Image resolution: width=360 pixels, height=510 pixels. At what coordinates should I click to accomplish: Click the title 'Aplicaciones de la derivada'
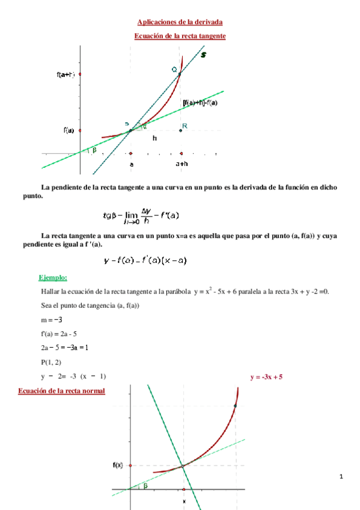[180, 22]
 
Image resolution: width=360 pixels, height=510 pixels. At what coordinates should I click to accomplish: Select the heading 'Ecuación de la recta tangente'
[180, 36]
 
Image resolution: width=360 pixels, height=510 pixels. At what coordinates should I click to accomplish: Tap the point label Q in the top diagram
[174, 70]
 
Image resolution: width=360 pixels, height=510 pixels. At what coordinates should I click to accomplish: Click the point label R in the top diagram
[185, 126]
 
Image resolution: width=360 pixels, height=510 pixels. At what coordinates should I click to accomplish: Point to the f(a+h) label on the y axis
[66, 75]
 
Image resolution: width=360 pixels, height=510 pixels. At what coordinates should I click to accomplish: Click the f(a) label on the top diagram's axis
[69, 131]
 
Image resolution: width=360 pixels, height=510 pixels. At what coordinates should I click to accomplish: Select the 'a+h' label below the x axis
[182, 164]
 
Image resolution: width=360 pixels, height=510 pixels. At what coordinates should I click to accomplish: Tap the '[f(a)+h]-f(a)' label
[200, 103]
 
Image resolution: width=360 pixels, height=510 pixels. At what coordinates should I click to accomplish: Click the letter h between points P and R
[154, 138]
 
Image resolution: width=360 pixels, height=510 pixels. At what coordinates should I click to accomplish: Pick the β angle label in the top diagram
[94, 150]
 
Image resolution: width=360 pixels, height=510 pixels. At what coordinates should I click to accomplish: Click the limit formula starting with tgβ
[142, 215]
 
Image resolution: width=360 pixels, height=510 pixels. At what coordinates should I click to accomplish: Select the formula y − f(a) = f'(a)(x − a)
[145, 260]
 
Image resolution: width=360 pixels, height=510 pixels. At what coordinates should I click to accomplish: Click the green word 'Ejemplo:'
[53, 277]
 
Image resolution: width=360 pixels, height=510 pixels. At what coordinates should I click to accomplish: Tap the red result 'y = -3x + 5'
[266, 377]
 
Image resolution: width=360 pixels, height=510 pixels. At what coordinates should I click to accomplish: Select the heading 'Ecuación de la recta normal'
[62, 391]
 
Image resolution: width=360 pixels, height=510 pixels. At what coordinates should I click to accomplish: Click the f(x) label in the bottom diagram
[118, 465]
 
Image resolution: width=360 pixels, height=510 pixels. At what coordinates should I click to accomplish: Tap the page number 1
[341, 477]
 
